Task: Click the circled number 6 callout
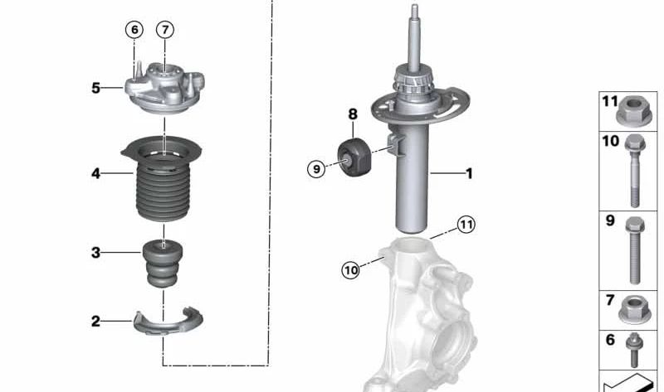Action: [x=134, y=30]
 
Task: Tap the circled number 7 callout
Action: [x=165, y=30]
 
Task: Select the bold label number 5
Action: [x=96, y=87]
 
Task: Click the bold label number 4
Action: [x=96, y=174]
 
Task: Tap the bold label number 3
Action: [x=96, y=252]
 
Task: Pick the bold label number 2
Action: [x=96, y=321]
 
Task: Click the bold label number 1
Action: [x=469, y=173]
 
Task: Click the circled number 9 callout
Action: [x=315, y=169]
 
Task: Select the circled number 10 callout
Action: [x=350, y=269]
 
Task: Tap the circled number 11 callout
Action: [x=466, y=224]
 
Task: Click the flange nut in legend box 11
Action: [x=635, y=110]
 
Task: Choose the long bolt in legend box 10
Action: [x=635, y=170]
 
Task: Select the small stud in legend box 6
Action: [x=635, y=349]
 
